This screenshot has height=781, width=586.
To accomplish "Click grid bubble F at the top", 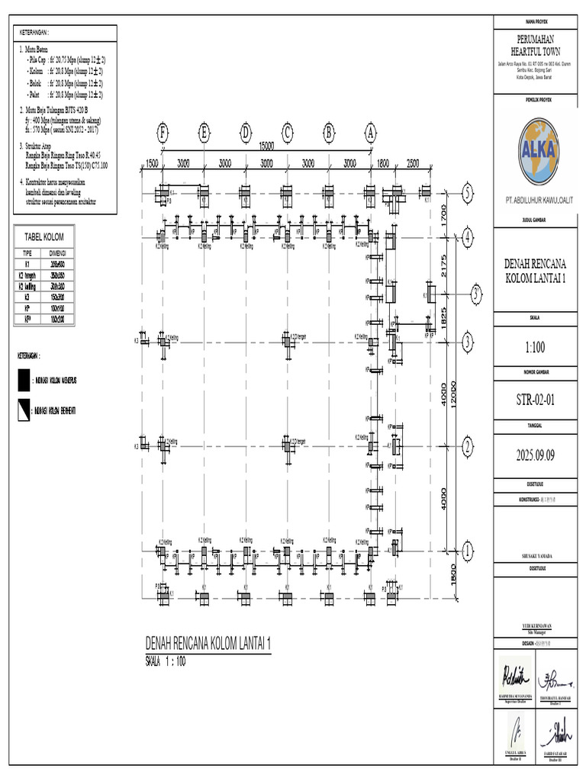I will (163, 132).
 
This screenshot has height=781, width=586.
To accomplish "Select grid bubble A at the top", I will (371, 132).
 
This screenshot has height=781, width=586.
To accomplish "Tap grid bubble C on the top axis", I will (288, 132).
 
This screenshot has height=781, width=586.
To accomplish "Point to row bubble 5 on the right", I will (467, 194).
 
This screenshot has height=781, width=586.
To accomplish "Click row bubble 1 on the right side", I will (467, 550).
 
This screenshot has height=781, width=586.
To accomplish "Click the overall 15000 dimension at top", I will (266, 146).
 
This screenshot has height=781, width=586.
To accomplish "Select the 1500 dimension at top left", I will (152, 163).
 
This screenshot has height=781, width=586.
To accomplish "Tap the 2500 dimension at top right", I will (413, 163).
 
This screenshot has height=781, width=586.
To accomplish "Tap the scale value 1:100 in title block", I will (538, 347).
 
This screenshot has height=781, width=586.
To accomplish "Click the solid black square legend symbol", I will (24, 380).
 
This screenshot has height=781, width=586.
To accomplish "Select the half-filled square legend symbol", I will (24, 412).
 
